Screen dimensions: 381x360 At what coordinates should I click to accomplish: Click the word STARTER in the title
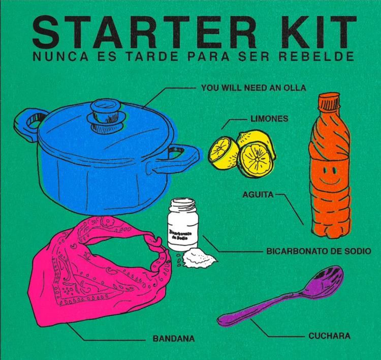[x=145, y=33]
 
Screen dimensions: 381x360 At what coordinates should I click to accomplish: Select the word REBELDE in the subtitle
[x=316, y=56]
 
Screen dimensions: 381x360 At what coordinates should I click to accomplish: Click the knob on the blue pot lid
[x=107, y=116]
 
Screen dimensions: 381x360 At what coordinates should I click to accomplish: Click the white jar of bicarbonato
[x=183, y=224]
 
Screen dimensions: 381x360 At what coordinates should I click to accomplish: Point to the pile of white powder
[x=199, y=258]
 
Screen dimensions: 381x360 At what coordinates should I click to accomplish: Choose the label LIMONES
[x=269, y=118]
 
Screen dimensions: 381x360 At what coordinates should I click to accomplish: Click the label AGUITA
[x=258, y=195]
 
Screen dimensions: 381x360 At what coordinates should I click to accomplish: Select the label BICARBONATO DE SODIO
[x=319, y=251]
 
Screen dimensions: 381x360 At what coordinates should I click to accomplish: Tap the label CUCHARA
[x=330, y=336]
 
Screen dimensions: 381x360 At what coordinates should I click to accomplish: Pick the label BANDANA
[x=174, y=339]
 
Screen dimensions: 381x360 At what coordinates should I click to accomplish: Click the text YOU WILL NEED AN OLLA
[x=253, y=87]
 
